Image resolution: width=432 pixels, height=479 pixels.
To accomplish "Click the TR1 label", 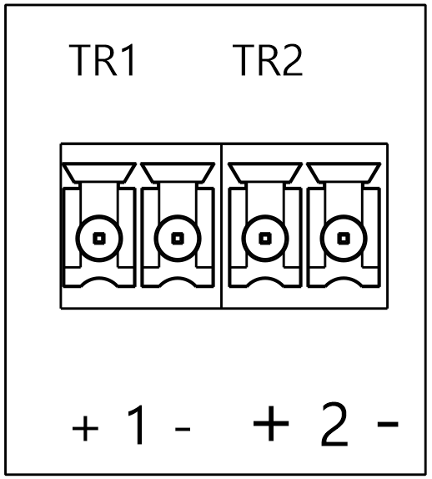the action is tap(102, 60).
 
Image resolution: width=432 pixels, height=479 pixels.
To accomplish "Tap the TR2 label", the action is tap(268, 60).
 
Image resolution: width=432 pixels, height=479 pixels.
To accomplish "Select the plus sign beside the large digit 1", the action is tap(85, 428).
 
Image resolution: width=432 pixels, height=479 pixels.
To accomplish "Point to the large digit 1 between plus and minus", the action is tap(136, 425).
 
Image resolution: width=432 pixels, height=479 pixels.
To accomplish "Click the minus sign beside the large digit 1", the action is tap(183, 429).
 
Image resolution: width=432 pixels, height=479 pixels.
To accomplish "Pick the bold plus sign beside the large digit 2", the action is tap(271, 423).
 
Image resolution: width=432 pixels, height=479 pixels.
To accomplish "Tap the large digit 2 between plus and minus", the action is tap(334, 424).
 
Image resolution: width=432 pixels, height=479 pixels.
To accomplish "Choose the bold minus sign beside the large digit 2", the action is tap(388, 423).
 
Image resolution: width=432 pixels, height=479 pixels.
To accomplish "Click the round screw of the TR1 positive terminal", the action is tap(99, 239).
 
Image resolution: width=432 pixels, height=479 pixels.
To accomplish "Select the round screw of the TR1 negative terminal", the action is tap(178, 239).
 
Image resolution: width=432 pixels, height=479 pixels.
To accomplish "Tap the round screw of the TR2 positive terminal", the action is tap(265, 239).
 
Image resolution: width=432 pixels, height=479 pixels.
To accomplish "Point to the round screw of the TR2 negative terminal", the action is tap(344, 239).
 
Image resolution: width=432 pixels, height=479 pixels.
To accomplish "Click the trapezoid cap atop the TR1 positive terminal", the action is tap(99, 173).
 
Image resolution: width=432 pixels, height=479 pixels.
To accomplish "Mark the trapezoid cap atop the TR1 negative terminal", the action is tap(178, 173).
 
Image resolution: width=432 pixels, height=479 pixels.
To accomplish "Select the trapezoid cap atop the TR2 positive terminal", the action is tap(265, 173).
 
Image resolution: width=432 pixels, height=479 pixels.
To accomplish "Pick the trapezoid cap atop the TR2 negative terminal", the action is tap(344, 173).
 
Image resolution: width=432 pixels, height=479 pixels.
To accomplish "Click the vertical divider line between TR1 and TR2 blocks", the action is tap(221, 226).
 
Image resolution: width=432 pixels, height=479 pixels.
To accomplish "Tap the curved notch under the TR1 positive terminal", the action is tap(99, 279).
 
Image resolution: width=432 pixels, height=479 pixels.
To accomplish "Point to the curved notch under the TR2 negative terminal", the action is tap(344, 279).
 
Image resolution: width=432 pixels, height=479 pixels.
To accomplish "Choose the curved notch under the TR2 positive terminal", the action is tap(265, 279).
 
